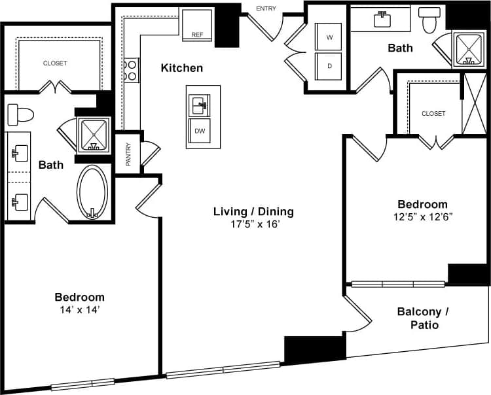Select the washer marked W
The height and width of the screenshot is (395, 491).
click(329, 38)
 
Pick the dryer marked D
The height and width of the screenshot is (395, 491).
click(329, 65)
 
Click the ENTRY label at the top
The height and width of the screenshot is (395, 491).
click(266, 9)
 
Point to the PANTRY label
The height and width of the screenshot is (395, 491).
click(128, 154)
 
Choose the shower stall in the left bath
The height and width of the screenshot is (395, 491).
click(94, 135)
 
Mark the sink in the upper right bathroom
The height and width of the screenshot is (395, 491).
click(382, 20)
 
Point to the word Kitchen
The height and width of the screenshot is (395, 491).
click(182, 68)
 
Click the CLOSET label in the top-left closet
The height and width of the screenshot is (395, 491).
click(55, 63)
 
